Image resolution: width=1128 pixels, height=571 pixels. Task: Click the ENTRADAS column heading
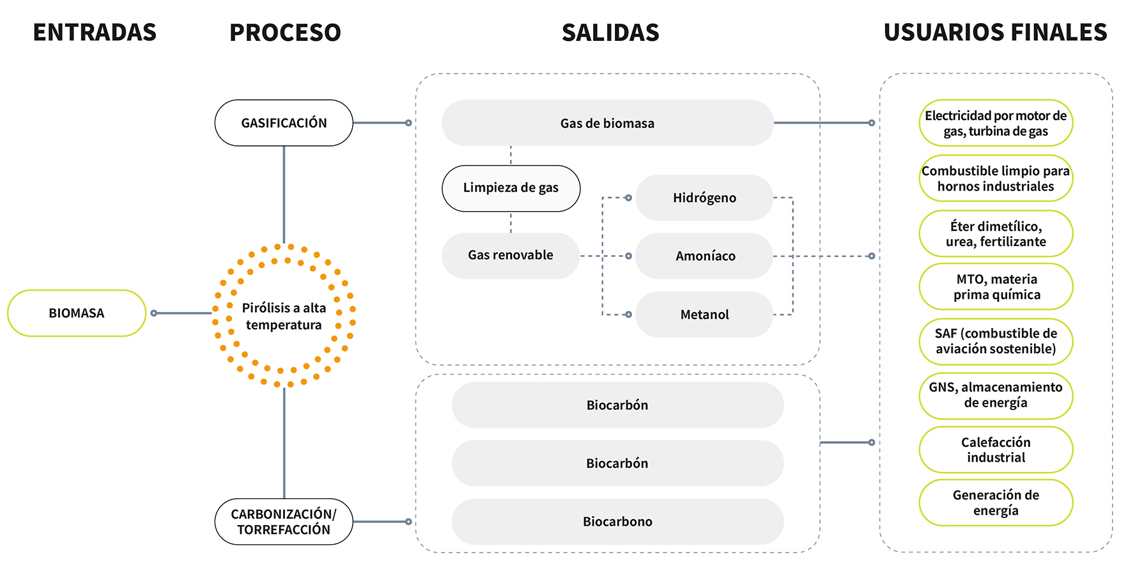(95, 33)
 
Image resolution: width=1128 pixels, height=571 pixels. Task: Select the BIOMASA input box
(77, 313)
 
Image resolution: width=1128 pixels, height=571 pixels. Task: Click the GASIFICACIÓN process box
(284, 123)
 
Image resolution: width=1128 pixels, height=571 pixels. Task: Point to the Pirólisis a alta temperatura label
(284, 316)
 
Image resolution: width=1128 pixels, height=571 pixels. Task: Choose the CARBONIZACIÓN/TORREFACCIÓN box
(284, 522)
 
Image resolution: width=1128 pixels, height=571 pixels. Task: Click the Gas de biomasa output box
(607, 123)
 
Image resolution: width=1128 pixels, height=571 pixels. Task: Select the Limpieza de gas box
(511, 188)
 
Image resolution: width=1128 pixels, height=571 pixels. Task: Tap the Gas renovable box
(510, 255)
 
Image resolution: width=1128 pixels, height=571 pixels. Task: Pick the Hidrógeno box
(704, 198)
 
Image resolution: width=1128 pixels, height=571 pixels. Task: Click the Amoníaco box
(705, 256)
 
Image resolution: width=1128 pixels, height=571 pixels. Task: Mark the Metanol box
(704, 315)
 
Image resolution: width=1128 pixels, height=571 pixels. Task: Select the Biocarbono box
(617, 522)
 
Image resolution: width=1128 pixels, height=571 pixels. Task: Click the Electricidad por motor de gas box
(996, 123)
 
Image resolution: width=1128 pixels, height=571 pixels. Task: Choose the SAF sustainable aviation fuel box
(996, 341)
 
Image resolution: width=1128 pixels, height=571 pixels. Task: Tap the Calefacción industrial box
(996, 450)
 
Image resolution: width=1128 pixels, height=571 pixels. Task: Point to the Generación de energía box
(996, 503)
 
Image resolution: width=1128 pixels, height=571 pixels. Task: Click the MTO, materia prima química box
(996, 287)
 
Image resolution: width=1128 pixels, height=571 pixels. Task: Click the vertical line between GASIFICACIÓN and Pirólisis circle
(284, 192)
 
